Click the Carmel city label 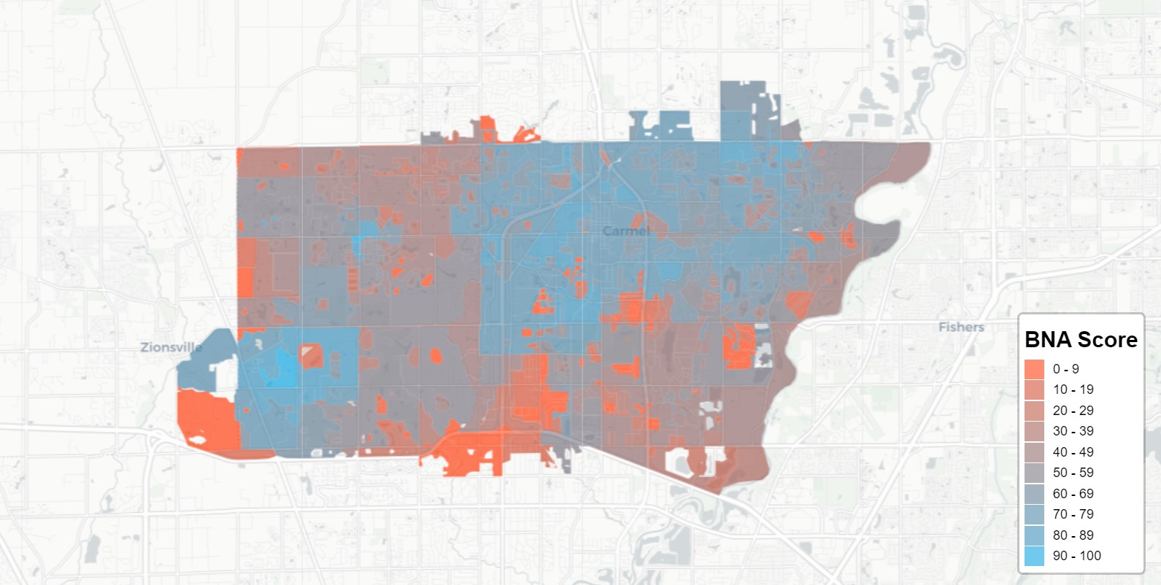click(x=625, y=231)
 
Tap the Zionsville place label click(x=171, y=347)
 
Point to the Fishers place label click(x=961, y=328)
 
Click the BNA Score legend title click(x=1081, y=339)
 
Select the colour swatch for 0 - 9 click(x=1035, y=369)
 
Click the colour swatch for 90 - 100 click(x=1035, y=556)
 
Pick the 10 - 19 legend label click(x=1073, y=390)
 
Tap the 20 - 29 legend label click(x=1073, y=411)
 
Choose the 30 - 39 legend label click(x=1073, y=431)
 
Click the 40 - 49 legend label click(x=1073, y=452)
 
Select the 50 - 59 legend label click(x=1073, y=473)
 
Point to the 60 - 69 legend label click(x=1073, y=494)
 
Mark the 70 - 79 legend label click(x=1073, y=514)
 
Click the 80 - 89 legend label click(x=1073, y=535)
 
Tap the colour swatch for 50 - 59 click(x=1035, y=473)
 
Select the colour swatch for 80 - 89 click(x=1035, y=535)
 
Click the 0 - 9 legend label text click(x=1065, y=369)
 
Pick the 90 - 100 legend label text click(x=1076, y=556)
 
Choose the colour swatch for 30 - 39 click(x=1035, y=431)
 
